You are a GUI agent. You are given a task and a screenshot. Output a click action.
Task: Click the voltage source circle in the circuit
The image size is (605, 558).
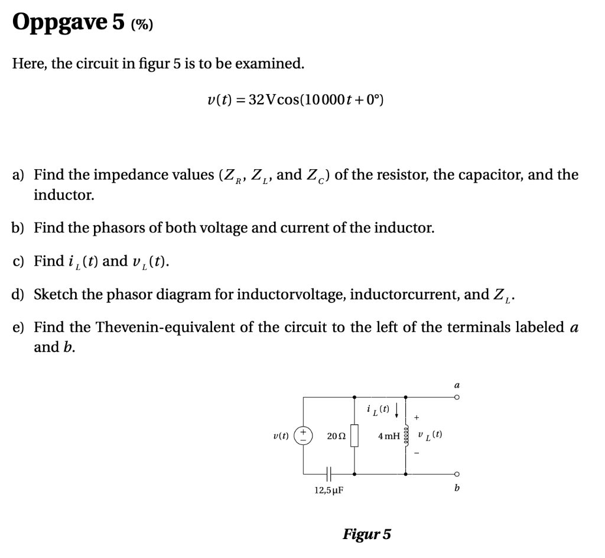pos(304,436)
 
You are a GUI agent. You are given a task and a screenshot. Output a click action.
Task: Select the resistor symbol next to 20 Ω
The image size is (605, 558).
pos(354,436)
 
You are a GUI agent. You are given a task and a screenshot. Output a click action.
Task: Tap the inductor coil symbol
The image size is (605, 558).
pos(405,436)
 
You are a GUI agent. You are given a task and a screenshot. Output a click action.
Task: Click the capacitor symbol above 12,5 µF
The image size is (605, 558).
pos(328,473)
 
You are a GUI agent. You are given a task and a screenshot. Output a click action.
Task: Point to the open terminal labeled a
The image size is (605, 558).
pos(456,397)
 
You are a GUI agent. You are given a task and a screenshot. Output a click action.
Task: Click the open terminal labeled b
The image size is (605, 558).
pos(456,474)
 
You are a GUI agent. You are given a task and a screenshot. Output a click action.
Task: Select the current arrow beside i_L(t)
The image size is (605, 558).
pos(398,409)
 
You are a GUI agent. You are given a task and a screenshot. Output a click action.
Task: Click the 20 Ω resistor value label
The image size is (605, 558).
pos(335,436)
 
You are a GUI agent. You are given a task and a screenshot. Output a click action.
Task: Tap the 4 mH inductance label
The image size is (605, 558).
pos(388,436)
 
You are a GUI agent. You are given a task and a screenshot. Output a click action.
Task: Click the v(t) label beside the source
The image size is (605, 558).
pos(281,436)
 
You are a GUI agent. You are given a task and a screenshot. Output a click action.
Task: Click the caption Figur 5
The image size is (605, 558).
pos(366,534)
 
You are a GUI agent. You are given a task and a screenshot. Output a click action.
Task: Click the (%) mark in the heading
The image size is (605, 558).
pos(142,24)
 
